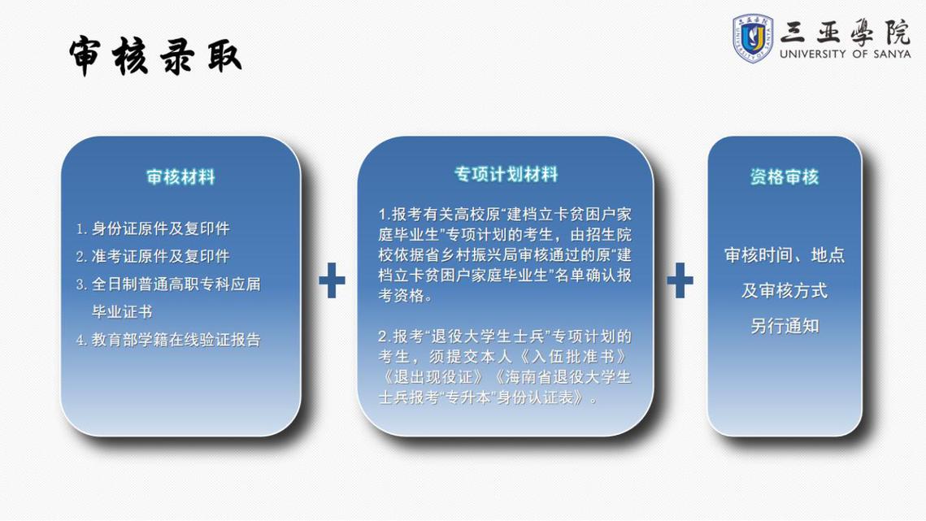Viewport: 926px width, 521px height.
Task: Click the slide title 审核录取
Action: (154, 57)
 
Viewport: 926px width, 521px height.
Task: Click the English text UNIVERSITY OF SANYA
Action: (845, 54)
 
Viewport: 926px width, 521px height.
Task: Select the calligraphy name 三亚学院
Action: (845, 31)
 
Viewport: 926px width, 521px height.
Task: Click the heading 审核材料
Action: (180, 177)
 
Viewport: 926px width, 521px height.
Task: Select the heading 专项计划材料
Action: (506, 174)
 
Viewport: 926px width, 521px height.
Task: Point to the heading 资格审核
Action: (784, 177)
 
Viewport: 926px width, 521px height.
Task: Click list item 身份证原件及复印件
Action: (153, 228)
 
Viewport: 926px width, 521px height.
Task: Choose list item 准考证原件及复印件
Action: (153, 256)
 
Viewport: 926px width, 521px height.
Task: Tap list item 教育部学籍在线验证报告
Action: (168, 340)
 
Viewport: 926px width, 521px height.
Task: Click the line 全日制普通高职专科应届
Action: (168, 284)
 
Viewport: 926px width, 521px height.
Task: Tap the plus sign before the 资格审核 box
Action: (680, 280)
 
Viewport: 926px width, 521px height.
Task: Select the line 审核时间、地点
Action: (784, 255)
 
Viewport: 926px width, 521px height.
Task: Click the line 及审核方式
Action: (784, 291)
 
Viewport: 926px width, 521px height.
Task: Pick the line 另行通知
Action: (784, 326)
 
